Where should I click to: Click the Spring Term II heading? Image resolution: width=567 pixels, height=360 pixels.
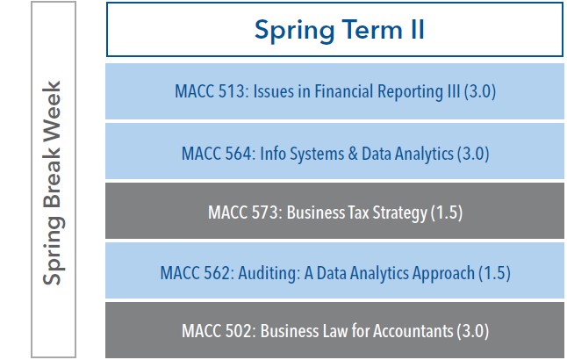coord(339,30)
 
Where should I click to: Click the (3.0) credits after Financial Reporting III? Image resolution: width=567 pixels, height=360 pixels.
coord(484,92)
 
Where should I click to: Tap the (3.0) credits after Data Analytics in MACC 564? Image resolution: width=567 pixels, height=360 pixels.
coord(471,153)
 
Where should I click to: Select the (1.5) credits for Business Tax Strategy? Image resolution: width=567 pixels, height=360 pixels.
coord(446,212)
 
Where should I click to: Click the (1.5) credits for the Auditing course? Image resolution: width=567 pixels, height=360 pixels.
coord(493,272)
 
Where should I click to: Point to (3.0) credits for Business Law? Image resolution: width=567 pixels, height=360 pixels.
coord(471,332)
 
